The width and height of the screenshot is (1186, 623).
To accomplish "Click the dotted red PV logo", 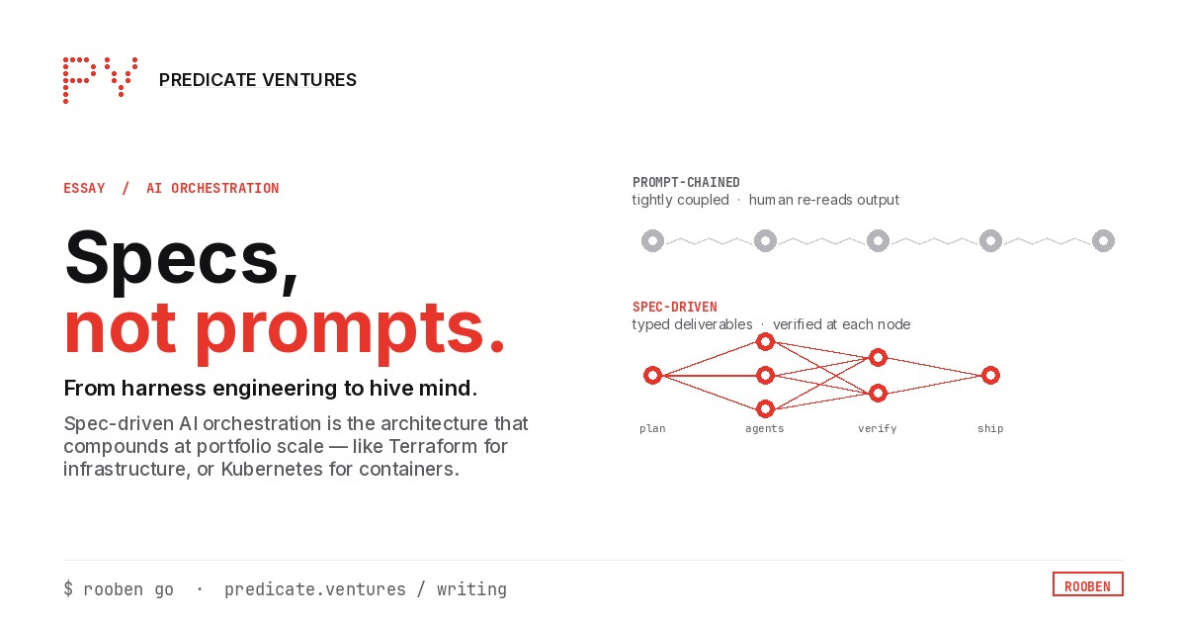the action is (x=100, y=79).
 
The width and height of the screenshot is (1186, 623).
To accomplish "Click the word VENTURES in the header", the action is (x=309, y=80).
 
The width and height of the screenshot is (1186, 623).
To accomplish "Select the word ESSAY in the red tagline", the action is (x=84, y=188).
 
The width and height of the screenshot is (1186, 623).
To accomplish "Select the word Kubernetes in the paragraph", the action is (x=272, y=470).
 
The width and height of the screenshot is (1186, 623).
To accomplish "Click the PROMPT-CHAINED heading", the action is (x=686, y=182).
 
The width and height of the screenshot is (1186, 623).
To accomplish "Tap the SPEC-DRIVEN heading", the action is (x=675, y=307).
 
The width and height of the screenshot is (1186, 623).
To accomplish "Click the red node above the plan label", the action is (x=652, y=376).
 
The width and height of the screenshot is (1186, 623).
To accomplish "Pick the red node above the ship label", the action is (x=990, y=376).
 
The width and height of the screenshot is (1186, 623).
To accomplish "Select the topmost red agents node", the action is (x=765, y=342).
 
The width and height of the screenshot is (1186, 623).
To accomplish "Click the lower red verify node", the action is (x=878, y=394).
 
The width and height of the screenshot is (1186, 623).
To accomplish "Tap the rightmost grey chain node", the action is (x=1103, y=241).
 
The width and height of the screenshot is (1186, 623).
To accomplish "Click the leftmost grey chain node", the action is (x=652, y=241).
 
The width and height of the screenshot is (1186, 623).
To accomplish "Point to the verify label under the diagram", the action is (x=878, y=428).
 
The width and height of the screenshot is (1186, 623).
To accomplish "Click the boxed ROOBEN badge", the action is (x=1087, y=584).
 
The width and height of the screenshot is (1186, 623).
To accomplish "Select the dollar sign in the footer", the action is (x=68, y=589).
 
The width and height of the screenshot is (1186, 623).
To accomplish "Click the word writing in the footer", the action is (x=471, y=589).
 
